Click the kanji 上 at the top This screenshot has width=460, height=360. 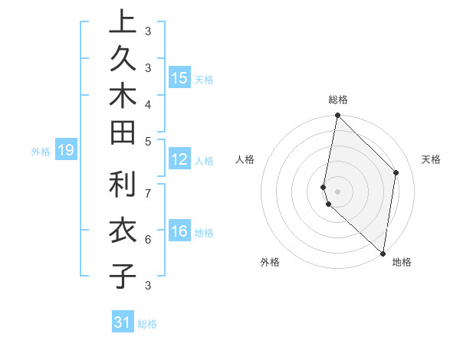[123, 23]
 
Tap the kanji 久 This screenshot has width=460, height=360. [123, 61]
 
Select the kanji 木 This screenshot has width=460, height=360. [123, 97]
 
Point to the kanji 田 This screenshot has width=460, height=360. [123, 134]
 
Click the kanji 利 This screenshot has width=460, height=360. [123, 185]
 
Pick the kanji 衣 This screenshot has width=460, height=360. [123, 231]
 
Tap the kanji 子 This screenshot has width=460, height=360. [123, 275]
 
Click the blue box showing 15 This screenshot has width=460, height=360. [179, 77]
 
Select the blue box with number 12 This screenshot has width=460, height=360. [179, 159]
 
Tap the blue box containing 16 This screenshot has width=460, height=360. [179, 232]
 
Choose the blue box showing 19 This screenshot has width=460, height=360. [66, 151]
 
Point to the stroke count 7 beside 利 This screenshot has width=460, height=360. [148, 192]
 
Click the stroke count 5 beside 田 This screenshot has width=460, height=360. [148, 141]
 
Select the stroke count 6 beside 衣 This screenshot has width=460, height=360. [148, 239]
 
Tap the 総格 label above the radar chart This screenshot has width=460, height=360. [338, 100]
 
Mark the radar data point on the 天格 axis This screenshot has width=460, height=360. [396, 172]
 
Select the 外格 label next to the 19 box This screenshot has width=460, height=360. [41, 152]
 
